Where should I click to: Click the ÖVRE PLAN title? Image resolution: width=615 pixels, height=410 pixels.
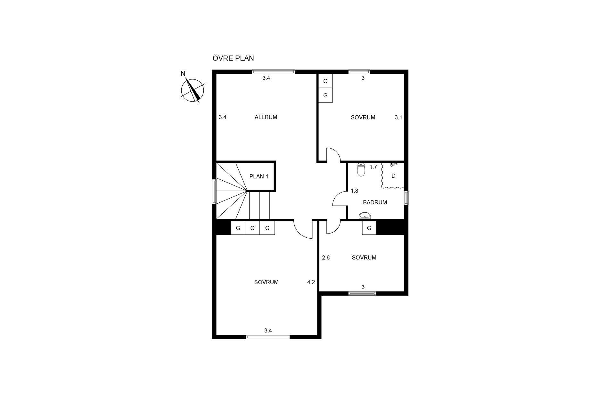[233, 58]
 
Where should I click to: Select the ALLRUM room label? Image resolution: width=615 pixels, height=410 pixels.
[266, 117]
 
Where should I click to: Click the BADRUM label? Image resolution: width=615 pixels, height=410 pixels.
[375, 202]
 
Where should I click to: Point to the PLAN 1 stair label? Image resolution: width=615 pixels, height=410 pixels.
[259, 176]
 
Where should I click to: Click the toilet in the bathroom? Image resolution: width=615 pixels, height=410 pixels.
[361, 169]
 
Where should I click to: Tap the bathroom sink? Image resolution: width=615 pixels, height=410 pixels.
[365, 216]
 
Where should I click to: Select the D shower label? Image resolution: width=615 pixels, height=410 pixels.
[394, 176]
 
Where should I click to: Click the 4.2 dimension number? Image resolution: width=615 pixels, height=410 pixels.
[311, 282]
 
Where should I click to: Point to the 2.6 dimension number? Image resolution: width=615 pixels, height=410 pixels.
[326, 258]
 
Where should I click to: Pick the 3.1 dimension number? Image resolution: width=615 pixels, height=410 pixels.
[398, 118]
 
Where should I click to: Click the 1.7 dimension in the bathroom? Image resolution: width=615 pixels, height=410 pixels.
[373, 167]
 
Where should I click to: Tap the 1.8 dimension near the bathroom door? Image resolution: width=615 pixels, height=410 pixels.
[354, 191]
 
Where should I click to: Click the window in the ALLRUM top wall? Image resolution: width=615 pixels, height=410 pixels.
[273, 72]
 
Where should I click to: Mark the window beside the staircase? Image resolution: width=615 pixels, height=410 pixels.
[214, 192]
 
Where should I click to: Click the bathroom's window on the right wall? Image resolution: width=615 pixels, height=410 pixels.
[406, 198]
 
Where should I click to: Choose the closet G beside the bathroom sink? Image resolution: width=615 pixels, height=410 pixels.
[369, 228]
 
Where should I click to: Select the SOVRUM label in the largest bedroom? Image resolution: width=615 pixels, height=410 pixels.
[266, 282]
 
